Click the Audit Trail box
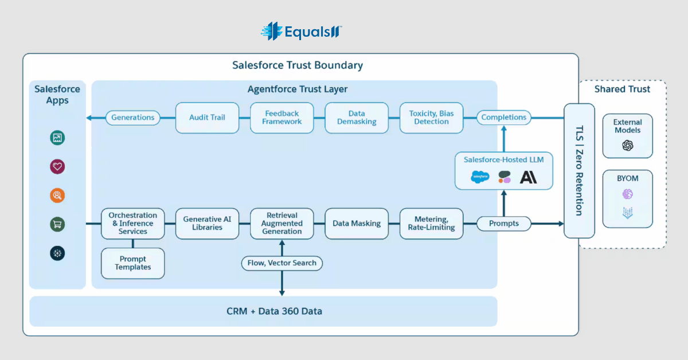(x=208, y=118)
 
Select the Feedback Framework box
(x=282, y=118)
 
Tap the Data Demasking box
(x=357, y=118)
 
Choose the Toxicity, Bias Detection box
(x=431, y=118)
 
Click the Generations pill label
(x=132, y=118)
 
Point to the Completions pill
(x=504, y=118)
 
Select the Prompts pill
(x=504, y=224)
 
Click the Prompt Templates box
(x=132, y=263)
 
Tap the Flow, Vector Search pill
(x=282, y=263)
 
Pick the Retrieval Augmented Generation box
(x=282, y=224)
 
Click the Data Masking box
(x=357, y=224)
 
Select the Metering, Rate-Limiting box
(x=431, y=224)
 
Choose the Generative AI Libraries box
(x=208, y=224)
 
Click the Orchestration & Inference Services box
(x=132, y=224)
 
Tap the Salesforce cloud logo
(x=480, y=177)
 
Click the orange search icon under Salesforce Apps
(x=57, y=195)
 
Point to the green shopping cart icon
(x=57, y=224)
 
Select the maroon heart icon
(x=57, y=166)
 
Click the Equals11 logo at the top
(x=302, y=31)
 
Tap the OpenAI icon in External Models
(x=628, y=145)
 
